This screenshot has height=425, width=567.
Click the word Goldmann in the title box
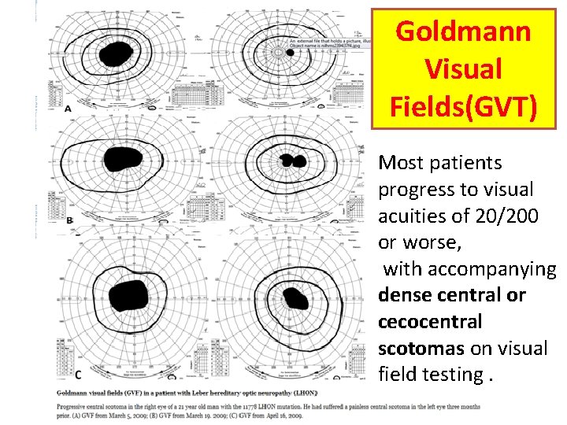tap(463, 32)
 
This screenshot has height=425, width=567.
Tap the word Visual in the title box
tap(463, 69)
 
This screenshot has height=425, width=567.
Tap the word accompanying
tap(469, 269)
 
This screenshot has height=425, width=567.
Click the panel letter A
tap(69, 109)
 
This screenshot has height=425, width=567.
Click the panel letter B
tap(70, 220)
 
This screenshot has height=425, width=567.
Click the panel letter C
tap(77, 373)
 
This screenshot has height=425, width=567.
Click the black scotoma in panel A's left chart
tap(117, 53)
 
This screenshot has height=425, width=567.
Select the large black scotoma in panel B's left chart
tap(123, 159)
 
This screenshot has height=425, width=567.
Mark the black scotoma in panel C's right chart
tap(296, 298)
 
